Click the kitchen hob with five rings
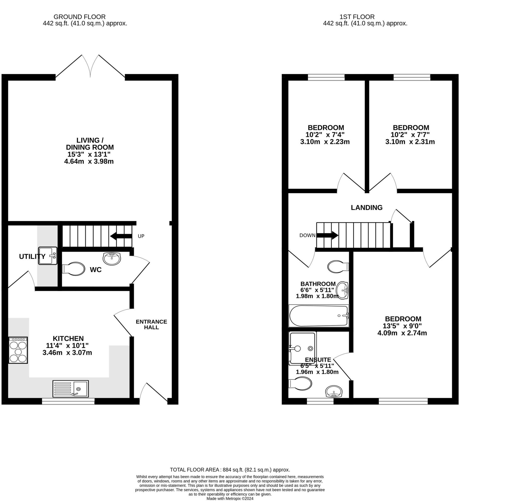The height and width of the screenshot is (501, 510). click(x=18, y=350)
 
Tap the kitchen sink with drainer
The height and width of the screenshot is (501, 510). click(x=71, y=388)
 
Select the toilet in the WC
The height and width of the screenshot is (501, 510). click(x=73, y=269)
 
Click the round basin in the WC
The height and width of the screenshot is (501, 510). click(x=112, y=259)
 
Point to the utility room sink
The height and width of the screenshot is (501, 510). click(x=48, y=255)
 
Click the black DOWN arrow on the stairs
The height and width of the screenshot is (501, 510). click(x=327, y=235)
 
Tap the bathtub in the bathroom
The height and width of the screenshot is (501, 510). click(x=319, y=316)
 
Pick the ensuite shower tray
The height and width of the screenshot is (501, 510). click(x=302, y=348)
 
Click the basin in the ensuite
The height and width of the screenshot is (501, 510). click(x=334, y=391)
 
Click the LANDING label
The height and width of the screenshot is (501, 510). click(x=366, y=208)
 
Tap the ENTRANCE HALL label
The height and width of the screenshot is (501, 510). click(x=151, y=324)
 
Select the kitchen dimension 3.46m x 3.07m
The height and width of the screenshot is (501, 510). click(x=67, y=352)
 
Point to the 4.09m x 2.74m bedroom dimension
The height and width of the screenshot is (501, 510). click(x=402, y=333)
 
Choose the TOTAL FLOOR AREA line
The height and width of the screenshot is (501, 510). click(x=230, y=470)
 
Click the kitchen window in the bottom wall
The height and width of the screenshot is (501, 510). click(x=68, y=401)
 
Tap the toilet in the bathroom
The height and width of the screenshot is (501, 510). click(x=338, y=267)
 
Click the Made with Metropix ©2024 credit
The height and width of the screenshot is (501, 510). click(x=230, y=498)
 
